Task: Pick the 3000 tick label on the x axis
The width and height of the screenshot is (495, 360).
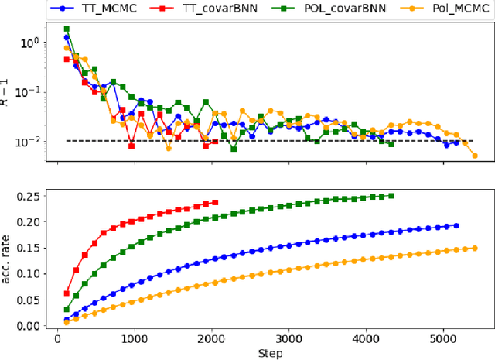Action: (x=290, y=339)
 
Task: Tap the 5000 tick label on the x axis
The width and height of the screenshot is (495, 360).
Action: (x=445, y=339)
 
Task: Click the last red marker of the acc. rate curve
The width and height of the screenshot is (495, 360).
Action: (x=214, y=203)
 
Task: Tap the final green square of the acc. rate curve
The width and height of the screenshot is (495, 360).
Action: (x=391, y=196)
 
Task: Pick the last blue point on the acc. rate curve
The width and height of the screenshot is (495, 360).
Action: (x=456, y=225)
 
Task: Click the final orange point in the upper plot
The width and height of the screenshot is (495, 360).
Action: (x=474, y=155)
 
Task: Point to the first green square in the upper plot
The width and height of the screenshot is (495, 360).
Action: (x=67, y=29)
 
